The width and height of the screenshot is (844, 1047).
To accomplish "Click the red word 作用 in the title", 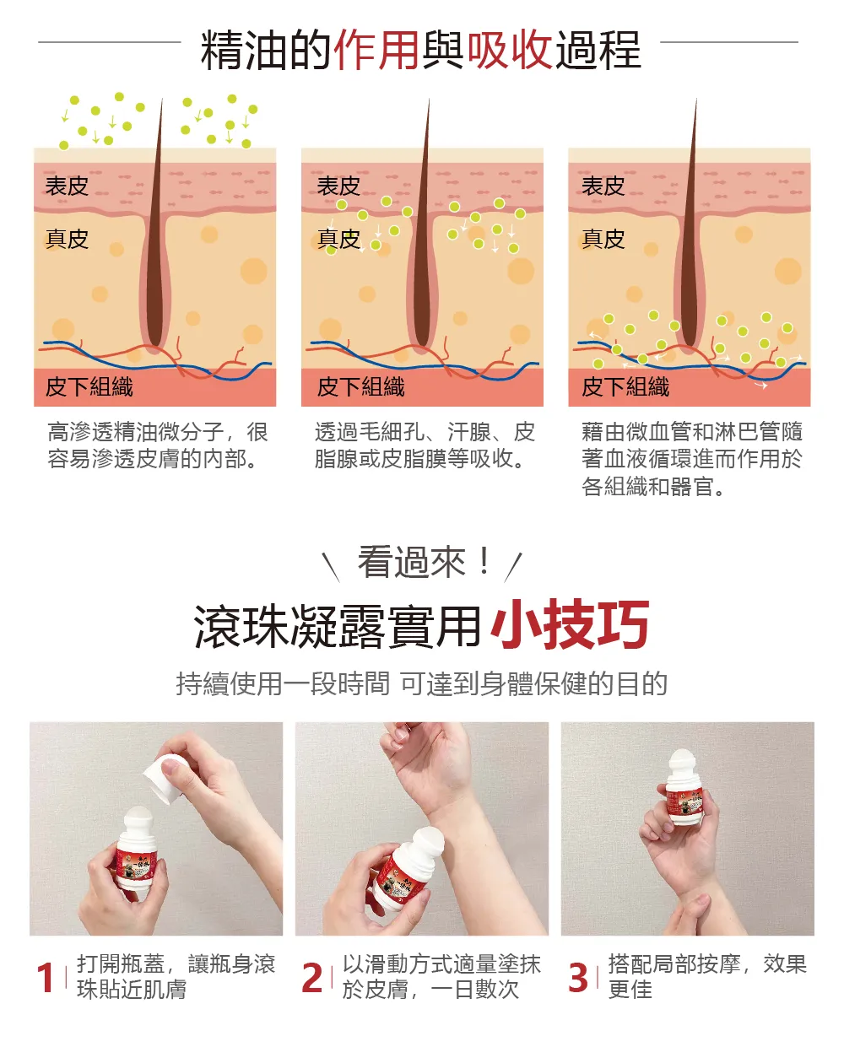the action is tap(376, 50).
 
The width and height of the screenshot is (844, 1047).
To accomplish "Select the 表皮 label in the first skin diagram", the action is tap(67, 186).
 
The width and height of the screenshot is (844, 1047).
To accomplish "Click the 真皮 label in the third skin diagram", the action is tap(603, 239).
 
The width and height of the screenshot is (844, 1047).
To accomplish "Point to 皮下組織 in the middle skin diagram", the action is tap(360, 387).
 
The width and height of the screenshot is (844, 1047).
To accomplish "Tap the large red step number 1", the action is tap(46, 978).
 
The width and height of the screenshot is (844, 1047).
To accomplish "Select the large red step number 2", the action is tap(312, 978).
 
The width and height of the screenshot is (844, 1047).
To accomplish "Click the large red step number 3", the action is tap(578, 978).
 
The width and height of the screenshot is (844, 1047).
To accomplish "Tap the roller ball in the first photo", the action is tap(139, 822).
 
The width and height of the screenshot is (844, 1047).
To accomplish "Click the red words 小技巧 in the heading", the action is tap(570, 624).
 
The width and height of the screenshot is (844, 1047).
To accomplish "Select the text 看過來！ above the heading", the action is tap(425, 563).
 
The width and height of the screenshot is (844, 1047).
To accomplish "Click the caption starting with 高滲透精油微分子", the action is tap(157, 445).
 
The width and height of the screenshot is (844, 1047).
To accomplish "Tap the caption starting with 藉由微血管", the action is tap(691, 459).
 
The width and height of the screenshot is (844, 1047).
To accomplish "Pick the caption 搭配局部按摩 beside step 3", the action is tap(707, 977).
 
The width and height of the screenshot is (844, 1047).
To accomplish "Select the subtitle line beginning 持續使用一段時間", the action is tap(421, 683).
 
